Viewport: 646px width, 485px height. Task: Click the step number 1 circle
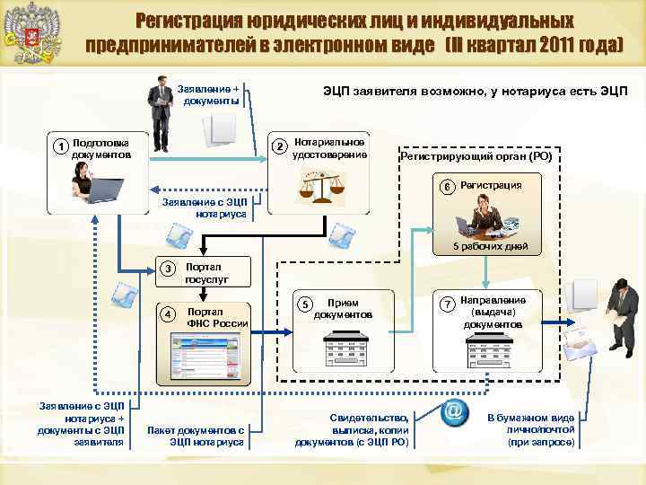click(60, 146)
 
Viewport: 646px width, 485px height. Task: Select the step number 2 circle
click(280, 146)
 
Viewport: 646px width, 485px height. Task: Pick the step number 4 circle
click(168, 313)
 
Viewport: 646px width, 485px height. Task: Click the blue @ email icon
click(455, 411)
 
